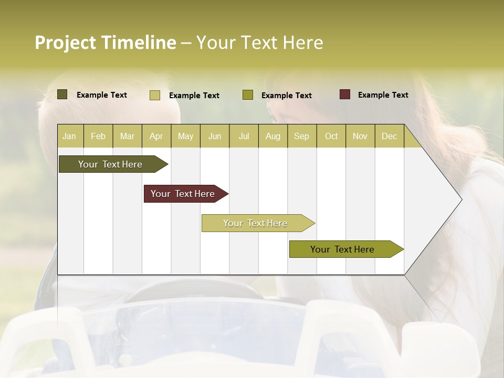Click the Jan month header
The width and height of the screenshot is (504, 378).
pos(70,136)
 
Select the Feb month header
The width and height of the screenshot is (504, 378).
pos(98,136)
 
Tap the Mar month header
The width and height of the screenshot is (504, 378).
pos(127,136)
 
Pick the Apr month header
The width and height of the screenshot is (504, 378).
pos(156,136)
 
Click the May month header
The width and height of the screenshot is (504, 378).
pos(185,136)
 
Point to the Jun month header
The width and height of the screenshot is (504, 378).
pos(215,136)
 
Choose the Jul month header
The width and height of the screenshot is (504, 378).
pos(244,136)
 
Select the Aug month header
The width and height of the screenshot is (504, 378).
pos(273,136)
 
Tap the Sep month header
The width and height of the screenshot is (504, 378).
pos(302,136)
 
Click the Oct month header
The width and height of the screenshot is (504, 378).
pos(331,136)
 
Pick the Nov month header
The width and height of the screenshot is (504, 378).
pos(360,136)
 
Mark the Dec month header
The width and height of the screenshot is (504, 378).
pos(390,136)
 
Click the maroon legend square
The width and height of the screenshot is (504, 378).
pos(345,94)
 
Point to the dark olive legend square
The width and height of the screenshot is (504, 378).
pos(62,94)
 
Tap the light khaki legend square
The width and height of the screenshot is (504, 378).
pos(155,95)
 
